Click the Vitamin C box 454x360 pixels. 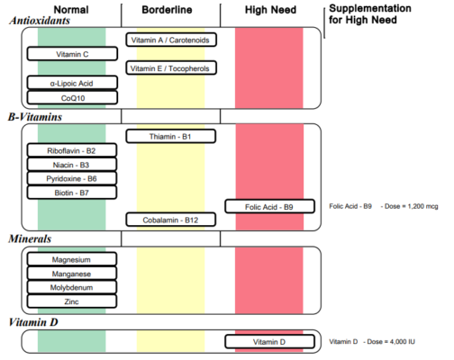pyautogui.click(x=72, y=54)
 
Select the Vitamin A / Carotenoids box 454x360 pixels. pyautogui.click(x=171, y=40)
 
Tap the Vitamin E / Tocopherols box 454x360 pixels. pyautogui.click(x=171, y=68)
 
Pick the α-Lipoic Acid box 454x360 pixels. pyautogui.click(x=72, y=83)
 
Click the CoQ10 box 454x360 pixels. pyautogui.click(x=72, y=97)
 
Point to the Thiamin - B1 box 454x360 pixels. pyautogui.click(x=171, y=137)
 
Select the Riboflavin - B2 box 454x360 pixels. pyautogui.click(x=72, y=150)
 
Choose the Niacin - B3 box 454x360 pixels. pyautogui.click(x=72, y=165)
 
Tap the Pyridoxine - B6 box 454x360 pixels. pyautogui.click(x=72, y=179)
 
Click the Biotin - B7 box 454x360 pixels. pyautogui.click(x=72, y=193)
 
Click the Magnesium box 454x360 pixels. pyautogui.click(x=72, y=259)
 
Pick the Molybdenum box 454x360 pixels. pyautogui.click(x=72, y=287)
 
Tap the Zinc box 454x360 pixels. pyautogui.click(x=72, y=301)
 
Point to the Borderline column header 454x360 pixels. pyautogui.click(x=171, y=9)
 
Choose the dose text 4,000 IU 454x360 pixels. pyautogui.click(x=406, y=342)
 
